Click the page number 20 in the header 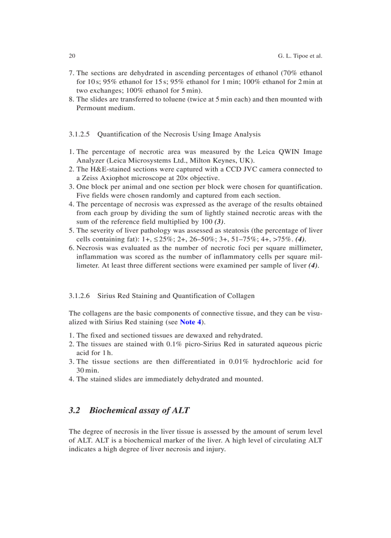point(72,56)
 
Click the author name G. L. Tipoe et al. point(300,56)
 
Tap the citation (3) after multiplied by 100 point(218,221)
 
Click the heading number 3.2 point(75,410)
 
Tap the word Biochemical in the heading point(113,410)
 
